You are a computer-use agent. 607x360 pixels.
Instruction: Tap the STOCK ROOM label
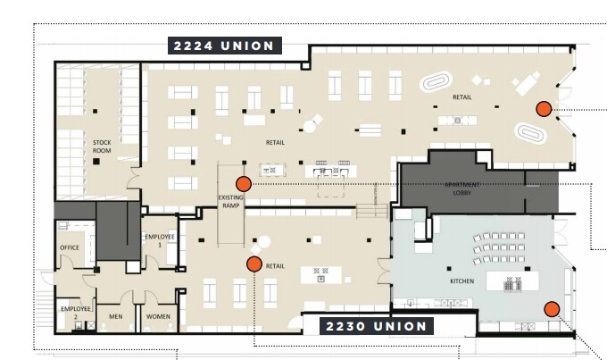pyautogui.click(x=102, y=146)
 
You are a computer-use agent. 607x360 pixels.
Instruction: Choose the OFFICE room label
pyautogui.click(x=70, y=247)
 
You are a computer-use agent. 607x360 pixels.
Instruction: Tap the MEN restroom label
pyautogui.click(x=115, y=315)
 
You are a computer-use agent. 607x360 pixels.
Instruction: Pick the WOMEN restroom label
pyautogui.click(x=157, y=315)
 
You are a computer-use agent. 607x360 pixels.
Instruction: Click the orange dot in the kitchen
pyautogui.click(x=552, y=309)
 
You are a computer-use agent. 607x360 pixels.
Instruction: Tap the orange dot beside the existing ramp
pyautogui.click(x=243, y=183)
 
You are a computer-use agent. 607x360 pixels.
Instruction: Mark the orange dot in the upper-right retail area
pyautogui.click(x=543, y=109)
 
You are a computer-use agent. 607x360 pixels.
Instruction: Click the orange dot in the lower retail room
pyautogui.click(x=254, y=264)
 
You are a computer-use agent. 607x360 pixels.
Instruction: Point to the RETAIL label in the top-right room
pyautogui.click(x=462, y=97)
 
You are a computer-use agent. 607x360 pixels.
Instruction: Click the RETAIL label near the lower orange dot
pyautogui.click(x=276, y=265)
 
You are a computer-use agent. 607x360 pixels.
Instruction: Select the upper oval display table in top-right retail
pyautogui.click(x=436, y=83)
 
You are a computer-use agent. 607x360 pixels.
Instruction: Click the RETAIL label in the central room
pyautogui.click(x=275, y=142)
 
